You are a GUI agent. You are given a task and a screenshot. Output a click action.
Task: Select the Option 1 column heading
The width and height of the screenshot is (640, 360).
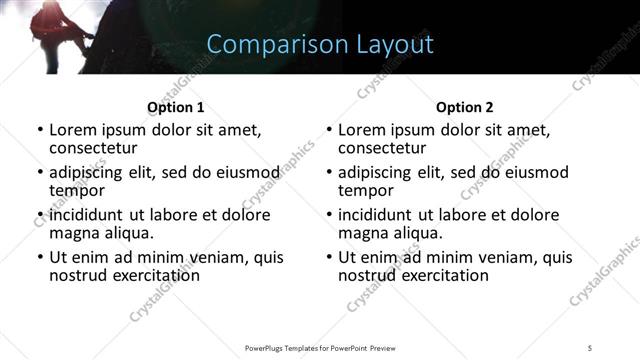(x=176, y=107)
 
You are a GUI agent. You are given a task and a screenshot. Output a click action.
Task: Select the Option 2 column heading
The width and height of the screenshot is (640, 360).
(x=465, y=107)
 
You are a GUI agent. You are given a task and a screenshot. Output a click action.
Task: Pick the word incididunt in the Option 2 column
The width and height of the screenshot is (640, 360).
(x=377, y=215)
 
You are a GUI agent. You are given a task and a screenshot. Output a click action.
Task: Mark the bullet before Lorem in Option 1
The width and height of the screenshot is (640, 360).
(x=40, y=130)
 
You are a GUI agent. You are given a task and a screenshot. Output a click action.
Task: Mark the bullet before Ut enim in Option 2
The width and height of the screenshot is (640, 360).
(x=329, y=257)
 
